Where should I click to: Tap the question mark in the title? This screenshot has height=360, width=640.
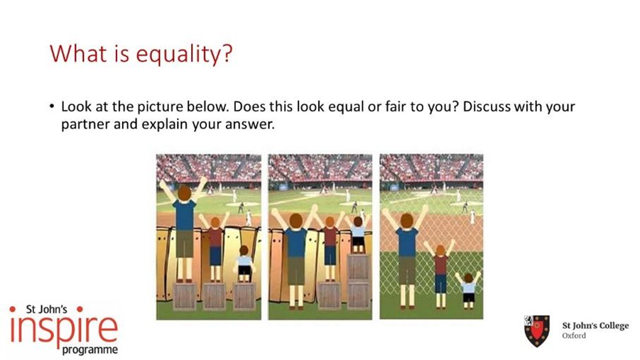tap(226, 52)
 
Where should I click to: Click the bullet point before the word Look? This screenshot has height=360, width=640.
tap(51, 107)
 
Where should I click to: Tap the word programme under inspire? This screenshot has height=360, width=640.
tap(90, 350)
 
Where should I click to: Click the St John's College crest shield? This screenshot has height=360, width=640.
tap(537, 330)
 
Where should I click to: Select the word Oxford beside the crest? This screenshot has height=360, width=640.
tap(574, 336)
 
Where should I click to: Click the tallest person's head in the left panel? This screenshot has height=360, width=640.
tap(185, 192)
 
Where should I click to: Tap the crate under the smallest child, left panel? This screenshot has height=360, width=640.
tap(244, 295)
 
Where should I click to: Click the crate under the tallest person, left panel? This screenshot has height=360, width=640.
tap(185, 296)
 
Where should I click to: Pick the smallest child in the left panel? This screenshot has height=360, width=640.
tap(244, 263)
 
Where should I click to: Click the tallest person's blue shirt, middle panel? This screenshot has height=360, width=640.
tap(296, 242)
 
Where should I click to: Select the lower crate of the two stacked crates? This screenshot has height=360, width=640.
tap(358, 295)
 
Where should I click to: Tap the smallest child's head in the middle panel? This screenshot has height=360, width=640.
tap(358, 222)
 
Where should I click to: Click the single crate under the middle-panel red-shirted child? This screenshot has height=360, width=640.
tap(329, 295)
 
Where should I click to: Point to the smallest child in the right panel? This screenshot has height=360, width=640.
tap(469, 289)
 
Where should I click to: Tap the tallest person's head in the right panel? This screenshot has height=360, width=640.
tap(406, 221)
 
